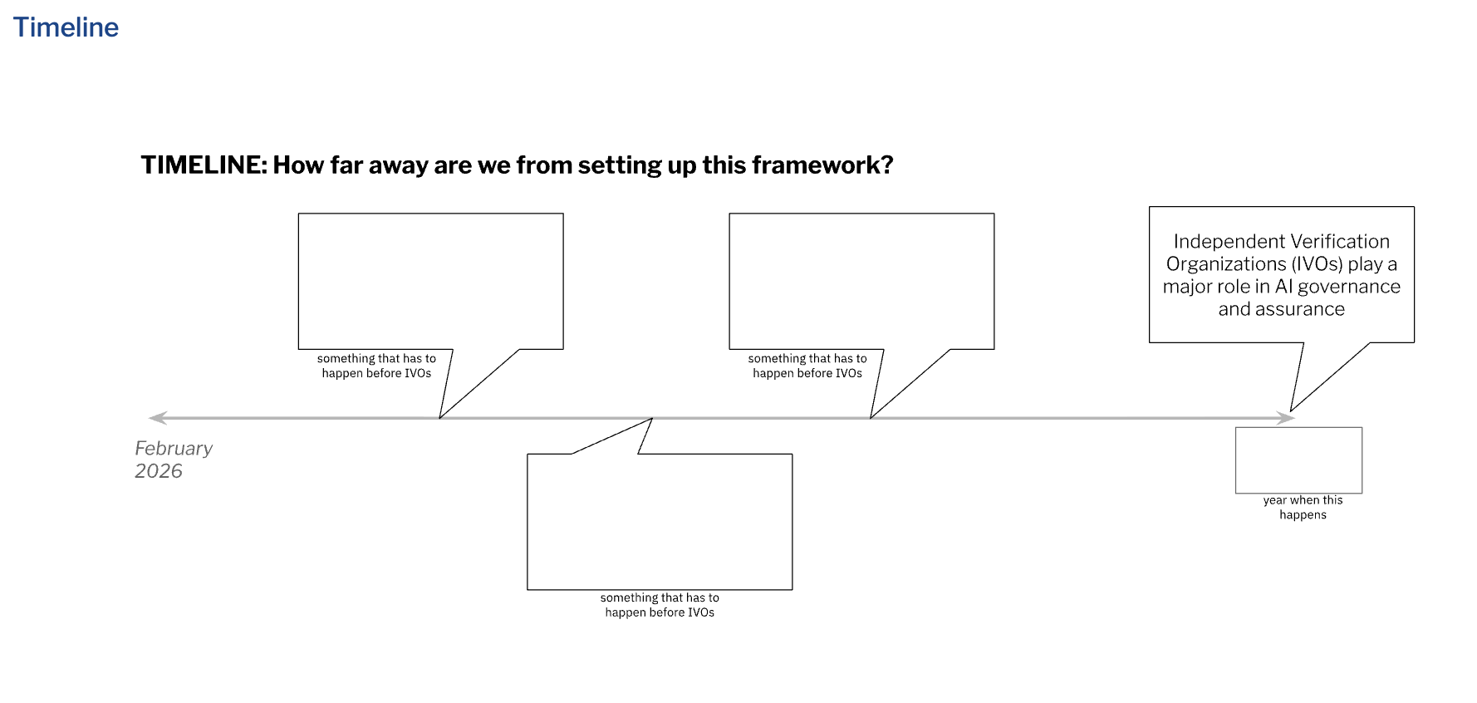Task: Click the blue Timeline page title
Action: click(x=66, y=27)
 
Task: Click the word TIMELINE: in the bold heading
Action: click(x=204, y=165)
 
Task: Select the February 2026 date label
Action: click(x=173, y=460)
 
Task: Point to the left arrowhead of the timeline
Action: click(x=156, y=418)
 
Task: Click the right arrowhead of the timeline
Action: click(x=1287, y=418)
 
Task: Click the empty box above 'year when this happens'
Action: click(x=1298, y=460)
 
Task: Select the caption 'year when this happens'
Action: click(x=1303, y=508)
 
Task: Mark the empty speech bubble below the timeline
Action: click(x=660, y=522)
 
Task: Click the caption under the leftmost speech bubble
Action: click(x=376, y=366)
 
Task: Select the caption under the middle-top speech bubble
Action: click(x=807, y=366)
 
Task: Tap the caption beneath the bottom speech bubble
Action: click(x=660, y=605)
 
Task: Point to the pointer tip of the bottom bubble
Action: click(x=652, y=420)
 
